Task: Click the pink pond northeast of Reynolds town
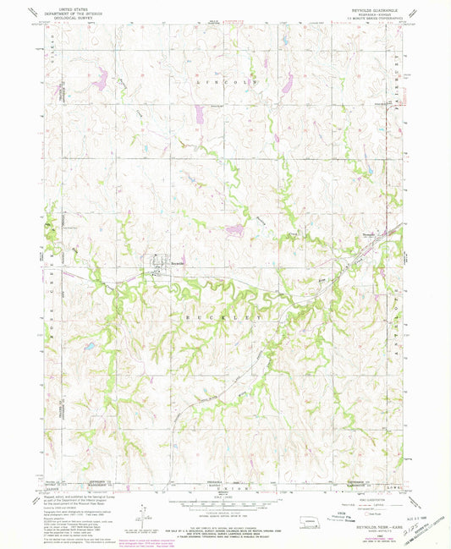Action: click(x=234, y=228)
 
